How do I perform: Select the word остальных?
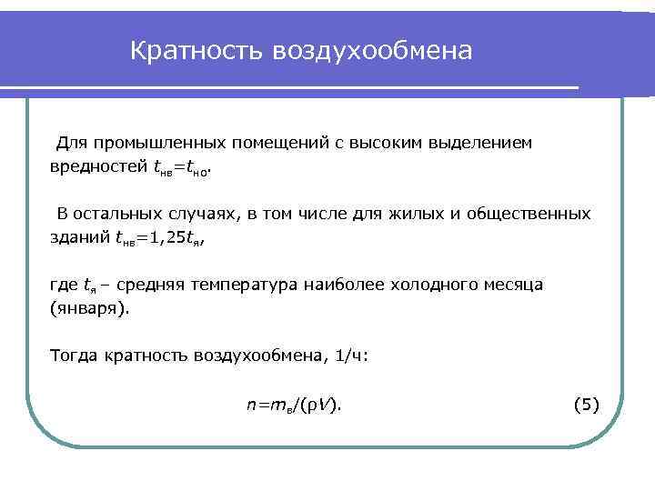coord(121,214)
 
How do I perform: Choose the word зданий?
coord(78,237)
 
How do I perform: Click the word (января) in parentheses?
coord(89,308)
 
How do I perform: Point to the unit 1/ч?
coord(351,356)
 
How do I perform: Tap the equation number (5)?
coord(587,404)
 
